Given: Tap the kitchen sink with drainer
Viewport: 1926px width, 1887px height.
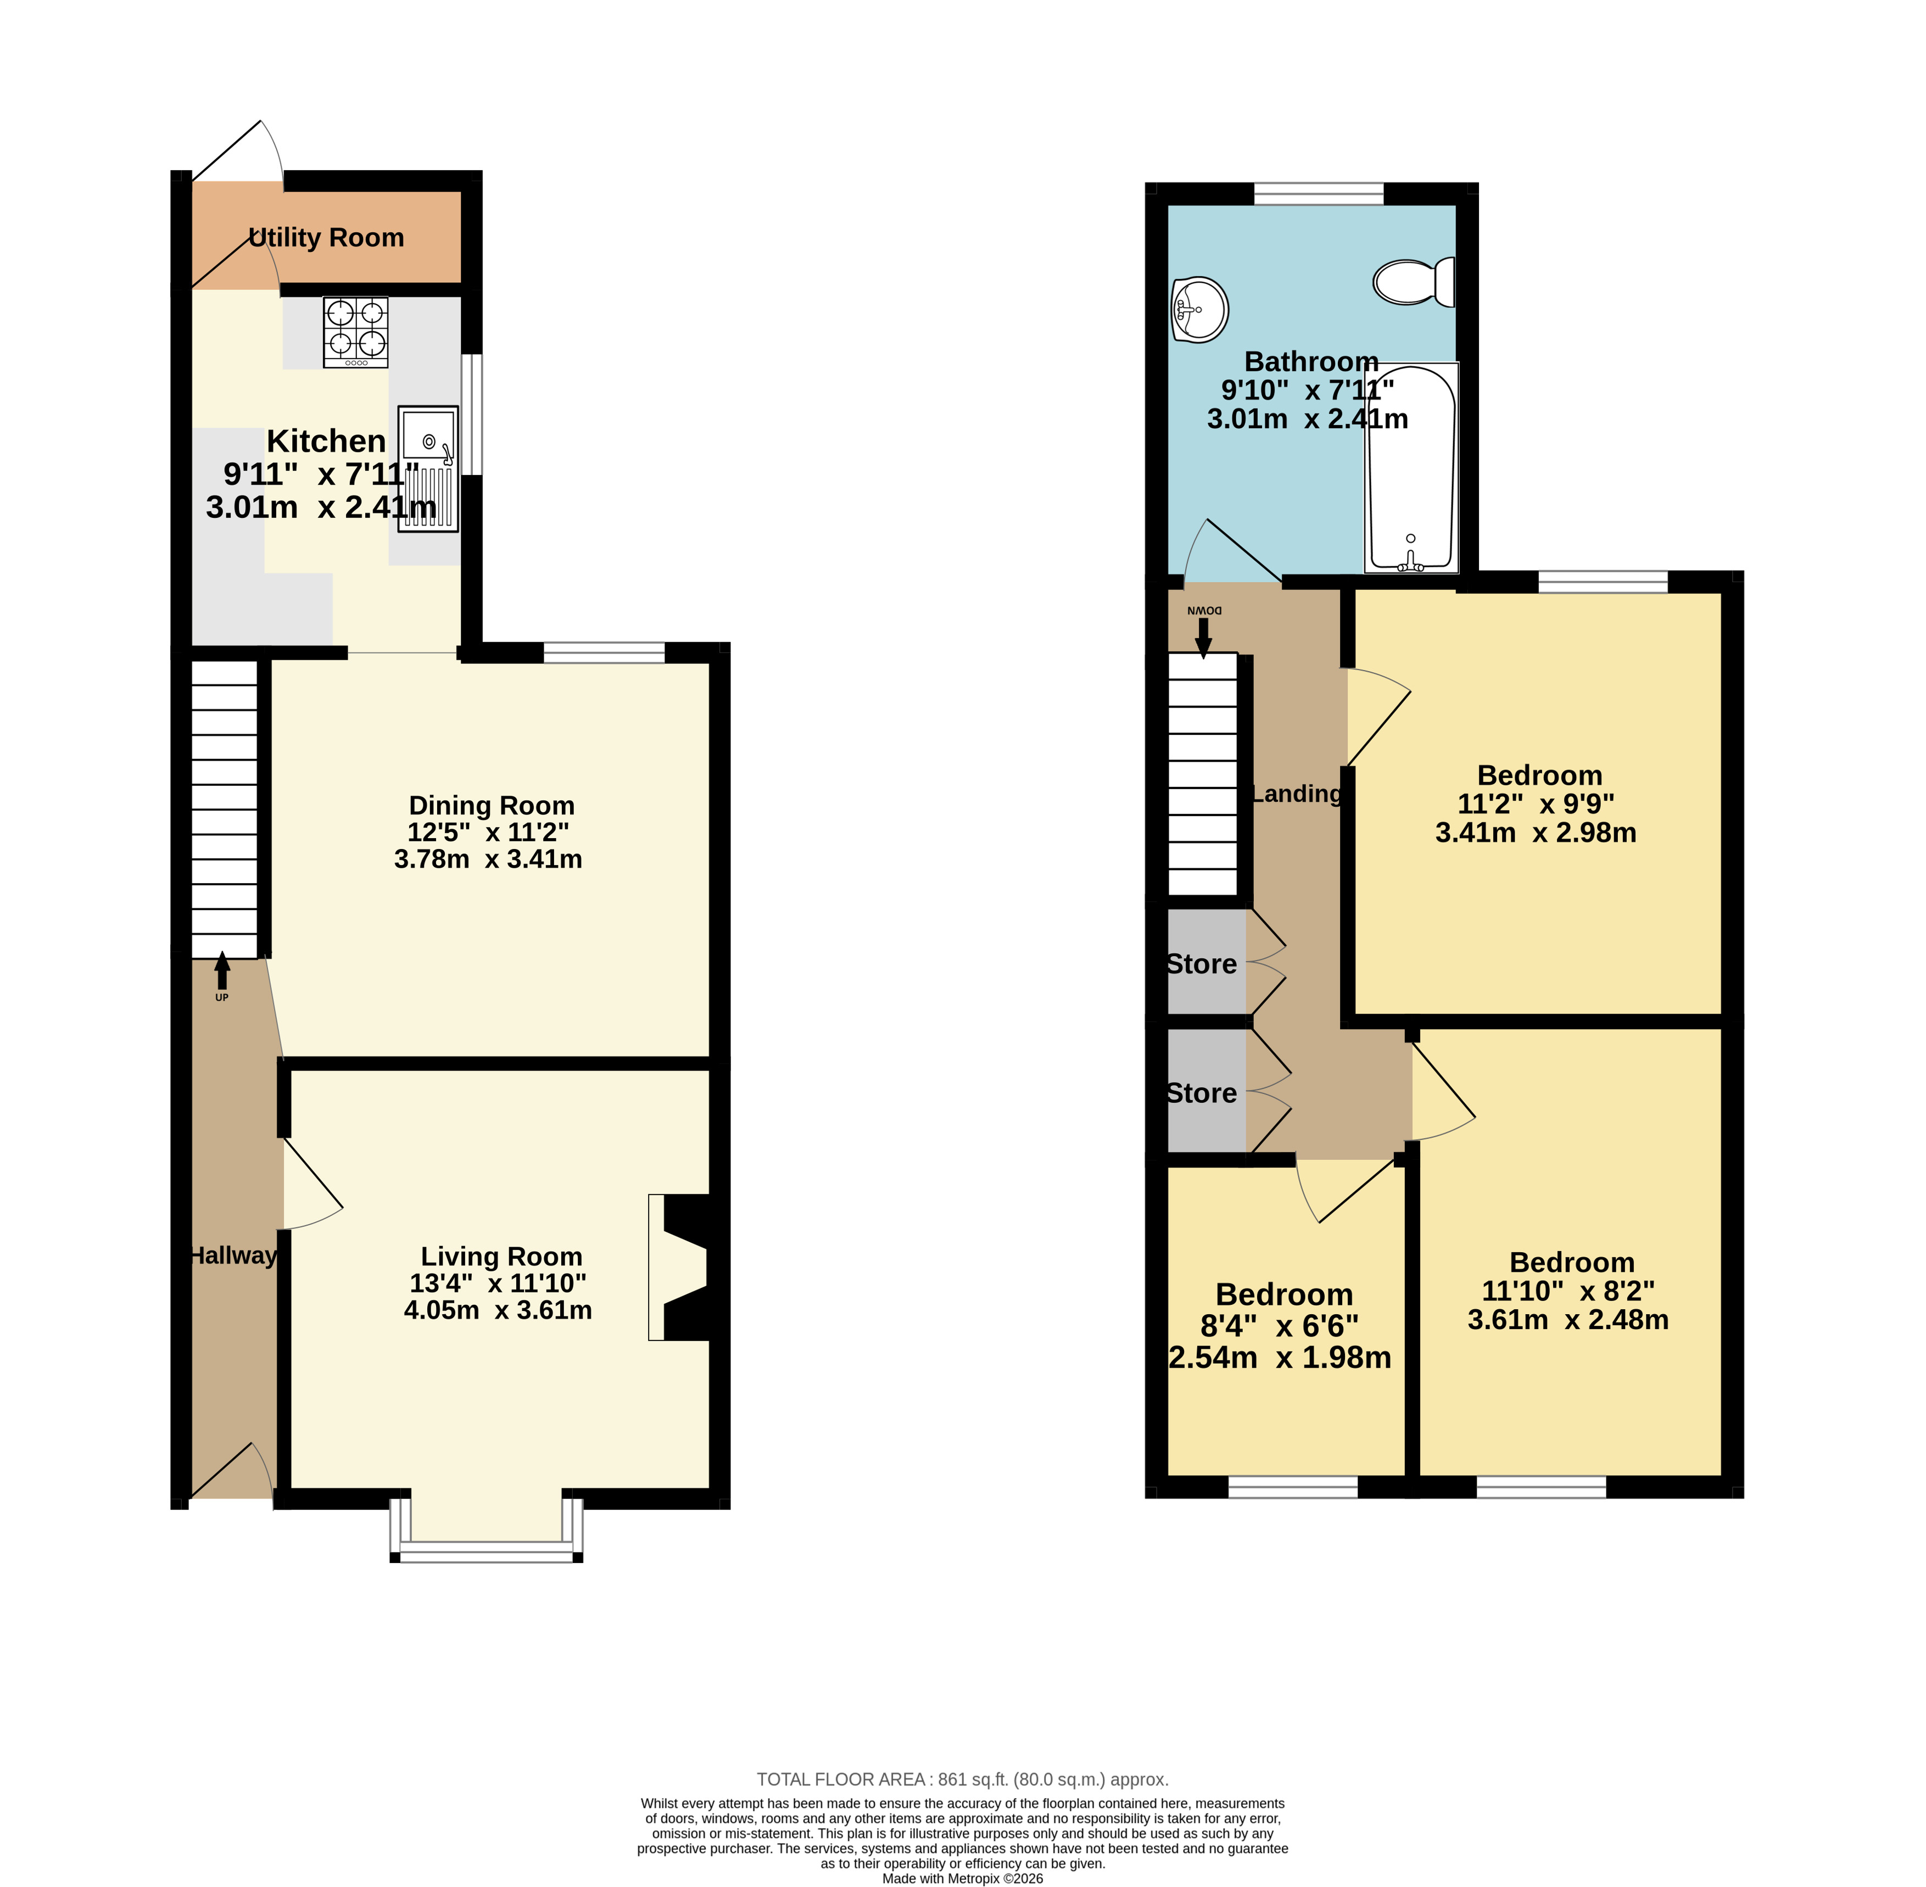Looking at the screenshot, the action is tap(428, 469).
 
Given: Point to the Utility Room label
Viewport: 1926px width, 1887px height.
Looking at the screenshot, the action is tap(326, 238).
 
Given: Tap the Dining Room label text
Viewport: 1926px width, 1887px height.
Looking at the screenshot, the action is tap(492, 806).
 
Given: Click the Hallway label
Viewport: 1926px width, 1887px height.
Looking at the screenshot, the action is tap(233, 1255).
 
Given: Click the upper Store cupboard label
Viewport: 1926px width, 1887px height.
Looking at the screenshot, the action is tap(1202, 964).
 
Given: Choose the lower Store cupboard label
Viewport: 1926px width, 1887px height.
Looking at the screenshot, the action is tap(1202, 1093).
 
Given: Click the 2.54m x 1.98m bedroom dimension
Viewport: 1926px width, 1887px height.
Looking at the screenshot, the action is tap(1280, 1357).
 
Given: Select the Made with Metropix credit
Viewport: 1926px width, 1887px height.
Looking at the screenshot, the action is tap(963, 1878).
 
